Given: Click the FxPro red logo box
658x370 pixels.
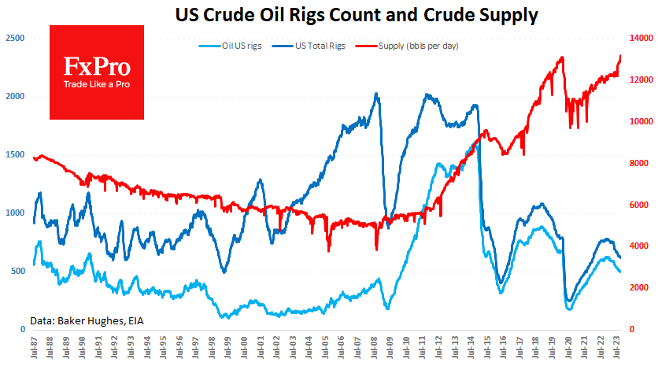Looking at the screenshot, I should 97,72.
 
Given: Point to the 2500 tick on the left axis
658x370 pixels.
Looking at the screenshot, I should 15,39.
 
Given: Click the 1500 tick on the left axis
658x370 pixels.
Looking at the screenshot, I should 15,155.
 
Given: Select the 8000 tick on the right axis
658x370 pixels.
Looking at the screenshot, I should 640,163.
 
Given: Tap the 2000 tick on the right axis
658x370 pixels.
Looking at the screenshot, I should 640,287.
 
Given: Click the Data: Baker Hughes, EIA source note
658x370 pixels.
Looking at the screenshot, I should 87,320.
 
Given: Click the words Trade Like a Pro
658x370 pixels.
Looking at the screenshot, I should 97,85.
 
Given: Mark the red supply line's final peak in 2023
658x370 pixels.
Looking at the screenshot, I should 620,56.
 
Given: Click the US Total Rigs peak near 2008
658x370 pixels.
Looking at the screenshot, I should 377,94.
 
